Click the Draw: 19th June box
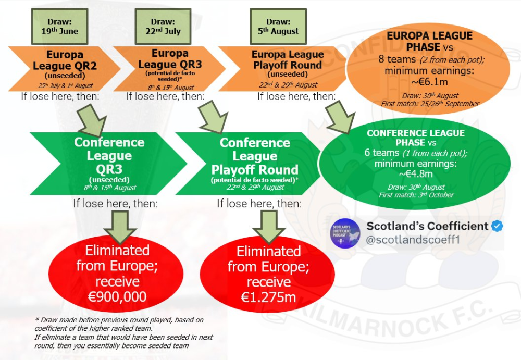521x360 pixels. tap(60, 27)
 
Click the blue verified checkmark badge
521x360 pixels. tap(498, 226)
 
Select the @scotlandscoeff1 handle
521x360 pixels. tap(410, 242)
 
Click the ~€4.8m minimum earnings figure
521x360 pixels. tap(416, 173)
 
